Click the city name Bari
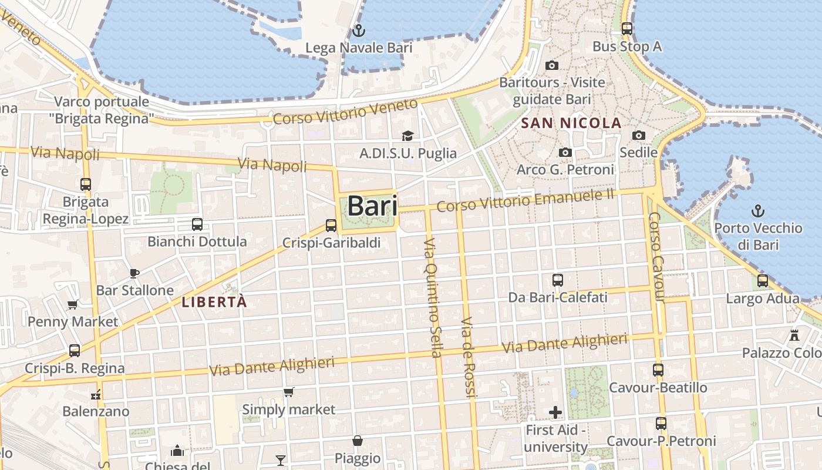point(372,206)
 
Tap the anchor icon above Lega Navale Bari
point(358,30)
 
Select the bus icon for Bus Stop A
point(626,28)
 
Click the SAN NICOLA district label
point(571,123)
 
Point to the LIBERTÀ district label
point(214,303)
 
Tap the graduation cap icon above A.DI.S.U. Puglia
point(407,136)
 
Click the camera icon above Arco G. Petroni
point(565,153)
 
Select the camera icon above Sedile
point(639,136)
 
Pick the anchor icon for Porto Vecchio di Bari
point(758,210)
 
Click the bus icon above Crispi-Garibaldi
point(331,225)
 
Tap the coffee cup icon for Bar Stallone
point(134,273)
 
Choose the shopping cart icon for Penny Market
point(73,304)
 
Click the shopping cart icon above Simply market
point(288,392)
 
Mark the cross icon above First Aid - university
point(555,412)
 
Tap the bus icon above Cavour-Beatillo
point(658,370)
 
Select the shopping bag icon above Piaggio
point(357,441)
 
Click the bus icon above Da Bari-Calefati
point(558,280)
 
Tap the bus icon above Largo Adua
point(763,281)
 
